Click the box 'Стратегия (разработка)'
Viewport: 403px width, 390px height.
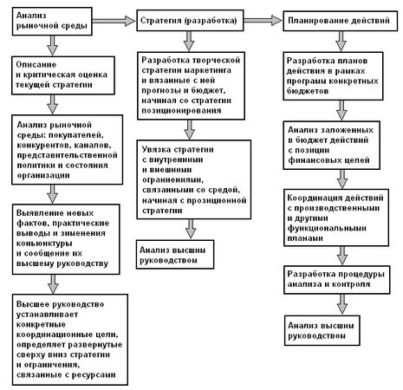click(x=190, y=21)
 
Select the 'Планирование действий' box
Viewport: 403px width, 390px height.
click(x=340, y=21)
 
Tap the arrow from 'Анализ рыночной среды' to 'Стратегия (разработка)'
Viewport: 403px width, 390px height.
click(x=114, y=21)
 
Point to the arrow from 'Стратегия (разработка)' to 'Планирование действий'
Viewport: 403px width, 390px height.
click(x=263, y=21)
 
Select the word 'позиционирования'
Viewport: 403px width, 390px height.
click(x=181, y=111)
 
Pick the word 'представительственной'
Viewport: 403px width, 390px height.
click(x=67, y=155)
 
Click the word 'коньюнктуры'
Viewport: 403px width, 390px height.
click(x=44, y=244)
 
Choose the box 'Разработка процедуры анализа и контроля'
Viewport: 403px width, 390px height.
click(x=336, y=279)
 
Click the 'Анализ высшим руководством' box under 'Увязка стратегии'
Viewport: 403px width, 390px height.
click(x=175, y=255)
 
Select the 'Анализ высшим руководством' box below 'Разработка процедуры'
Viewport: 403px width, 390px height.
click(x=322, y=330)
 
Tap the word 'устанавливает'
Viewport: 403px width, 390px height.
click(x=47, y=315)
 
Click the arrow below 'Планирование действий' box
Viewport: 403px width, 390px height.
click(x=341, y=41)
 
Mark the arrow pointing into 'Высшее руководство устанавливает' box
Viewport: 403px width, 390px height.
click(x=53, y=284)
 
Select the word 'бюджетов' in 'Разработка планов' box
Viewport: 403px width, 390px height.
click(x=308, y=91)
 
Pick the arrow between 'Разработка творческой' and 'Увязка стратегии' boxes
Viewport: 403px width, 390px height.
click(x=190, y=129)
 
